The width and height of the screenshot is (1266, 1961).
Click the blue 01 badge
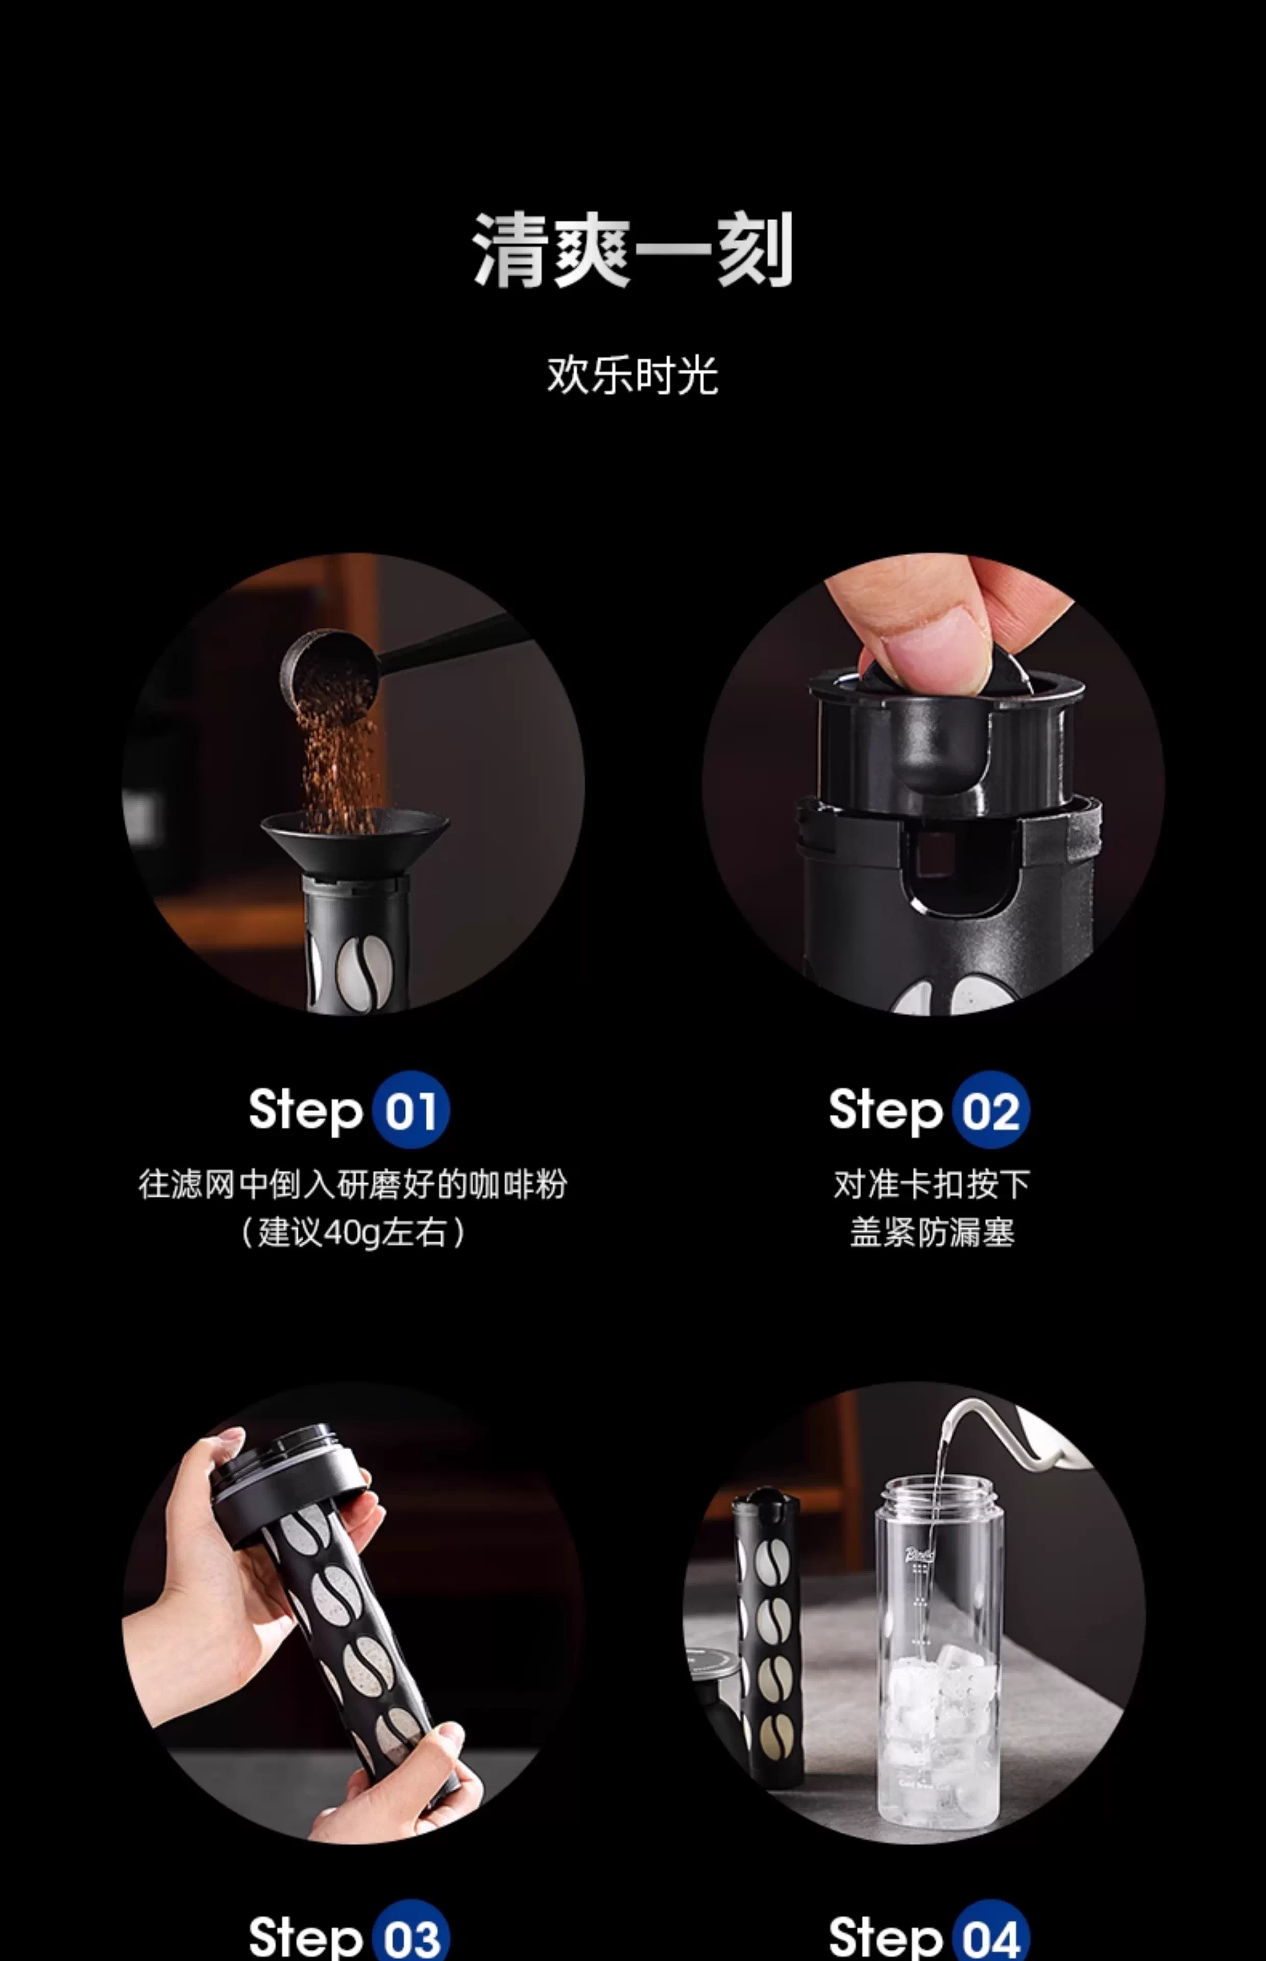(x=410, y=1110)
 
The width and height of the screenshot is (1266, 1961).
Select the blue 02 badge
(x=991, y=1110)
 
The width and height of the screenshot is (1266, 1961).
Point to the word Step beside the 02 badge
(x=885, y=1111)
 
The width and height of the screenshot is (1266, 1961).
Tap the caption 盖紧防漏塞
(x=932, y=1232)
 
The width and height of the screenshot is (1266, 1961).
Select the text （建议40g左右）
(x=353, y=1232)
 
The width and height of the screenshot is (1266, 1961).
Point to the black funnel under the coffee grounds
(x=355, y=843)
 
